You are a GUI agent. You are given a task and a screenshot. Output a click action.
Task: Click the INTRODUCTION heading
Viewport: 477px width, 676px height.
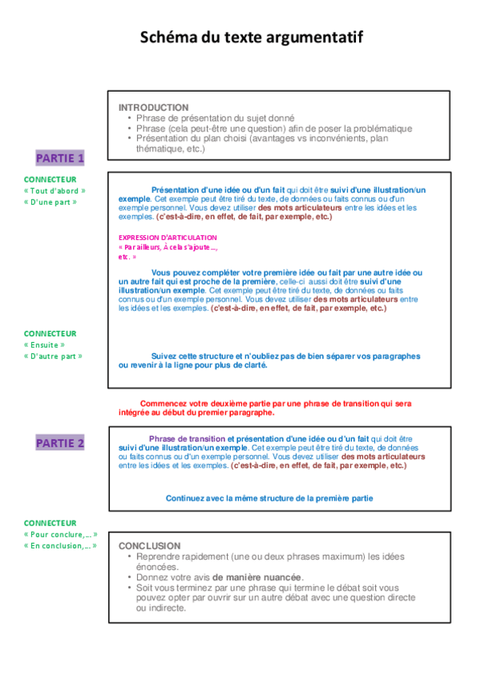[x=154, y=108]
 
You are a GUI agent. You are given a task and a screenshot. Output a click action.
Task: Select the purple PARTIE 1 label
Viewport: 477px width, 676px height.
[x=60, y=158]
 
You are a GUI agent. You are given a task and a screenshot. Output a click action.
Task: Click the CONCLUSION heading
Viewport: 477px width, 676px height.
[x=150, y=546]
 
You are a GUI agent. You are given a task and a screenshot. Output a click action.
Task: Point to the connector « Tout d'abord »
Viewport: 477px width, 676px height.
[x=55, y=191]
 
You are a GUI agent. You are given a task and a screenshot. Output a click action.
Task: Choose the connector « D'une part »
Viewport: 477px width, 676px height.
[x=50, y=202]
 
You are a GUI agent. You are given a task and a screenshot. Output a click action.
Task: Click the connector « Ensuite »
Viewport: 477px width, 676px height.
[x=45, y=344]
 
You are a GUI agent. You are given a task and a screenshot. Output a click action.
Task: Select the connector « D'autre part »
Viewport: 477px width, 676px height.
[x=53, y=356]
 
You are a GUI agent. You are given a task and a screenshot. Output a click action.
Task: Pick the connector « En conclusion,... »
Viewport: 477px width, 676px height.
[x=61, y=545]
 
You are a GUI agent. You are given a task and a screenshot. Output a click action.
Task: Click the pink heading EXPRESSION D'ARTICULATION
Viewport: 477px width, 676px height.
[x=167, y=238]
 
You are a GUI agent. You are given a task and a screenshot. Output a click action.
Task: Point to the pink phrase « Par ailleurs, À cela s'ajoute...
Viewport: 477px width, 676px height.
[x=167, y=248]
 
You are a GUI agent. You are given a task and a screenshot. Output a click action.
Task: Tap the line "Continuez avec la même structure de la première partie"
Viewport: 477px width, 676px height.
[x=269, y=498]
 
